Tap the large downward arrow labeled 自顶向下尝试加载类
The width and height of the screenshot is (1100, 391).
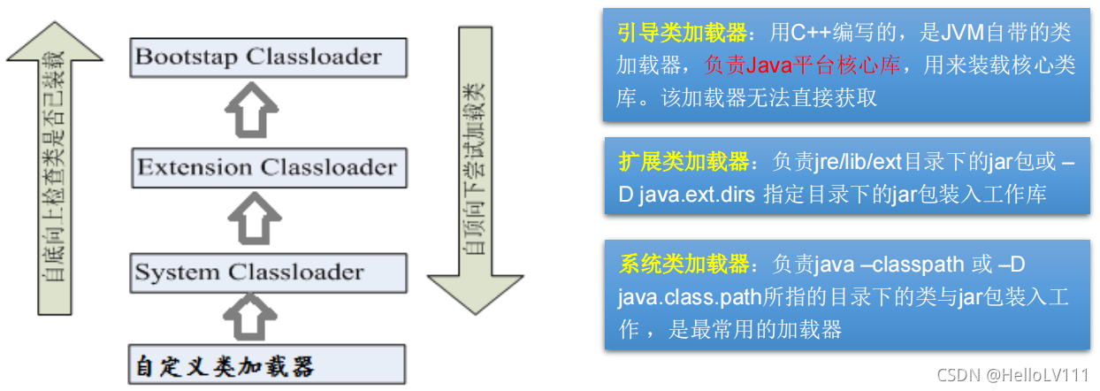point(478,168)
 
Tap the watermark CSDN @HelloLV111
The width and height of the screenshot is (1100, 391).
point(1012,375)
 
